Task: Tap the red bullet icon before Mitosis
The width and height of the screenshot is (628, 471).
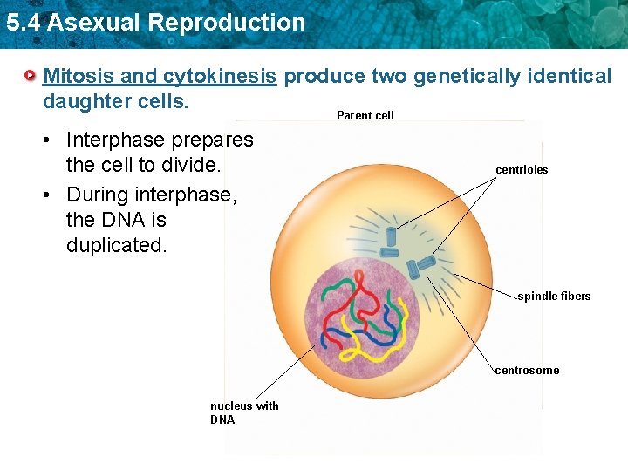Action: (x=31, y=77)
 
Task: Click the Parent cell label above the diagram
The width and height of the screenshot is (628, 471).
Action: (x=365, y=115)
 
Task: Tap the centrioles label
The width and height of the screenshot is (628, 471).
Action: (x=522, y=170)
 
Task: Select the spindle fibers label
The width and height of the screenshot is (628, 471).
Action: (x=554, y=297)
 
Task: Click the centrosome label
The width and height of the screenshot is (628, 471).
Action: (x=527, y=371)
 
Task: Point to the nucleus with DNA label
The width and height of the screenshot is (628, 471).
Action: (x=244, y=413)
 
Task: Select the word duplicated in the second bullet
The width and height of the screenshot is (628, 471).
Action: (x=115, y=245)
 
